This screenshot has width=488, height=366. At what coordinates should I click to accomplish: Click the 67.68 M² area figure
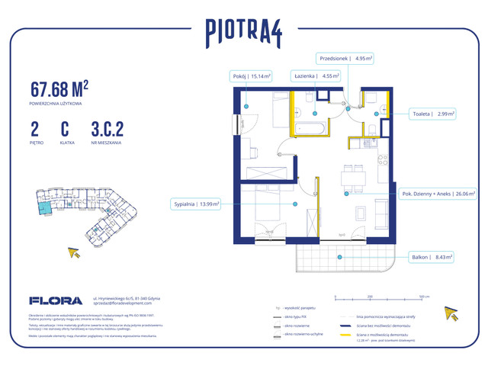(x=60, y=88)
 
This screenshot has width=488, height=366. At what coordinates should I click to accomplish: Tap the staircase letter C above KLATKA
(x=65, y=127)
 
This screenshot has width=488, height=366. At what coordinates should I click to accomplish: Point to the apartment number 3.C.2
(x=108, y=127)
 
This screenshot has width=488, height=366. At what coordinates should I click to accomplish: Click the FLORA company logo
(x=51, y=300)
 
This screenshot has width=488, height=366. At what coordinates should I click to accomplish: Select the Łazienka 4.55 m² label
(x=316, y=76)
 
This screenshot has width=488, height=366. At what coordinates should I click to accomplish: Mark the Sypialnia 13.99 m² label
(x=196, y=204)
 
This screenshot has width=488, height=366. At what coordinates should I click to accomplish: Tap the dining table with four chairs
(x=353, y=180)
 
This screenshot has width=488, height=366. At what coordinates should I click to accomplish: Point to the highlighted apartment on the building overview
(x=47, y=204)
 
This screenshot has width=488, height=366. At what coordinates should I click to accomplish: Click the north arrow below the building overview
(x=75, y=254)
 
